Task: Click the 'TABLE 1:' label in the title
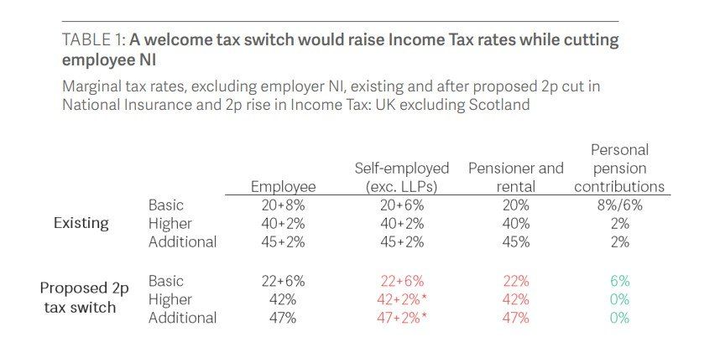point(93,40)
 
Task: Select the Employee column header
point(283,186)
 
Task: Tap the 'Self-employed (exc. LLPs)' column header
point(402,177)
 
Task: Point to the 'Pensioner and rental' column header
point(516,177)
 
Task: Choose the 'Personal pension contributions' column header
point(619,168)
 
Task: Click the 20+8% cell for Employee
point(283,205)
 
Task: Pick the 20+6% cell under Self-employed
point(402,205)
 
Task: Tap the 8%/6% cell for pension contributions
point(619,205)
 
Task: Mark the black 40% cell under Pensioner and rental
point(516,224)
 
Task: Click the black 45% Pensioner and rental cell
point(516,242)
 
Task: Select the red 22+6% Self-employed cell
point(402,281)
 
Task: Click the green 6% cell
point(619,281)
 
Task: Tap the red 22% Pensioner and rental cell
point(516,281)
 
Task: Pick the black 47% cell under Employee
point(283,318)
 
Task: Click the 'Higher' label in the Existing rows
point(170,224)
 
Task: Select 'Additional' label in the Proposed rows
point(182,318)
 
